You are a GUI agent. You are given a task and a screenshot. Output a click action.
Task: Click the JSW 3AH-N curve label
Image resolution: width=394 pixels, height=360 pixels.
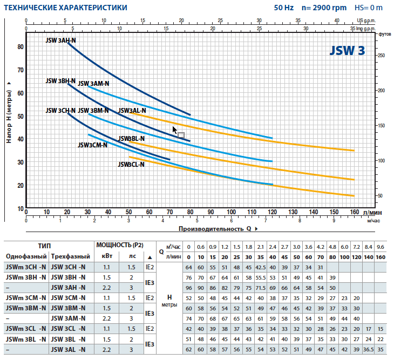click(x=60, y=40)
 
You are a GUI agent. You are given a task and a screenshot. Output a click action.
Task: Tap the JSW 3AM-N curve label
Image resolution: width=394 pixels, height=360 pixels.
click(x=93, y=84)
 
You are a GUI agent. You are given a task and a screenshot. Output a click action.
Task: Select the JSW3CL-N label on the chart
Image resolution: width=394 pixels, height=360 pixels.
click(x=131, y=165)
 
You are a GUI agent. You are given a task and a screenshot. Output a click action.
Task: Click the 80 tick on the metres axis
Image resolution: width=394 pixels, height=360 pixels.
click(x=21, y=47)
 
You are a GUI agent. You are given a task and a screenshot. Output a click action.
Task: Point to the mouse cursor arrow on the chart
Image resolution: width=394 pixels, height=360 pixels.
click(x=174, y=130)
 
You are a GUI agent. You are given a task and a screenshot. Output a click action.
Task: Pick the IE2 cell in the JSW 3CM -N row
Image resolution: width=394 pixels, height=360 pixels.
click(x=149, y=298)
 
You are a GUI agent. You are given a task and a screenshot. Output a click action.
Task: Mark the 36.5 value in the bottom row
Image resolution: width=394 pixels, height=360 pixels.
click(x=369, y=350)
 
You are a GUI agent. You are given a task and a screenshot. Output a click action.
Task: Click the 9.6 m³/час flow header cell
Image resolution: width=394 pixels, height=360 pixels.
click(x=381, y=247)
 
